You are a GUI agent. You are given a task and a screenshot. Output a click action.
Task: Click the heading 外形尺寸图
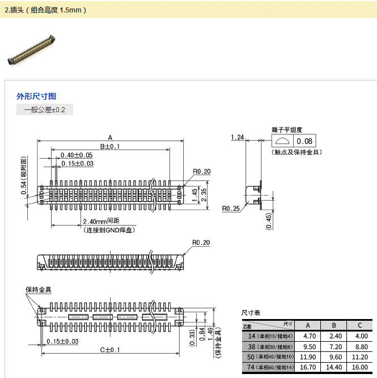(36, 96)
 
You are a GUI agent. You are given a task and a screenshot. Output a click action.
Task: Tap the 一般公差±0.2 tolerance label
(45, 110)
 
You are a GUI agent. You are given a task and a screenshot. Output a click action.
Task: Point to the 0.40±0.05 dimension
(77, 155)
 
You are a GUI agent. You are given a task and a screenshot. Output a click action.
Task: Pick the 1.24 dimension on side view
(238, 138)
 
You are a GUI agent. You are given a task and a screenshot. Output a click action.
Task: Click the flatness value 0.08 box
(304, 141)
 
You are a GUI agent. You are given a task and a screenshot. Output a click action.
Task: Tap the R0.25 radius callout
(231, 209)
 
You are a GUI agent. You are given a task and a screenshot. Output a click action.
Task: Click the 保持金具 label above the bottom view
(39, 290)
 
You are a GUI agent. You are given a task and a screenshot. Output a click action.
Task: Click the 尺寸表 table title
(251, 313)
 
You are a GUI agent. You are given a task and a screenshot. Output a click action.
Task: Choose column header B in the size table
(334, 325)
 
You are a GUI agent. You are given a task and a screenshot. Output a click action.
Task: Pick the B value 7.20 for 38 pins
(334, 346)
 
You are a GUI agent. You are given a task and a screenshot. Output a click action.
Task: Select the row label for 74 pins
(267, 367)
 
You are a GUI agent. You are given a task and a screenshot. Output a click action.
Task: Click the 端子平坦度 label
(287, 129)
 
